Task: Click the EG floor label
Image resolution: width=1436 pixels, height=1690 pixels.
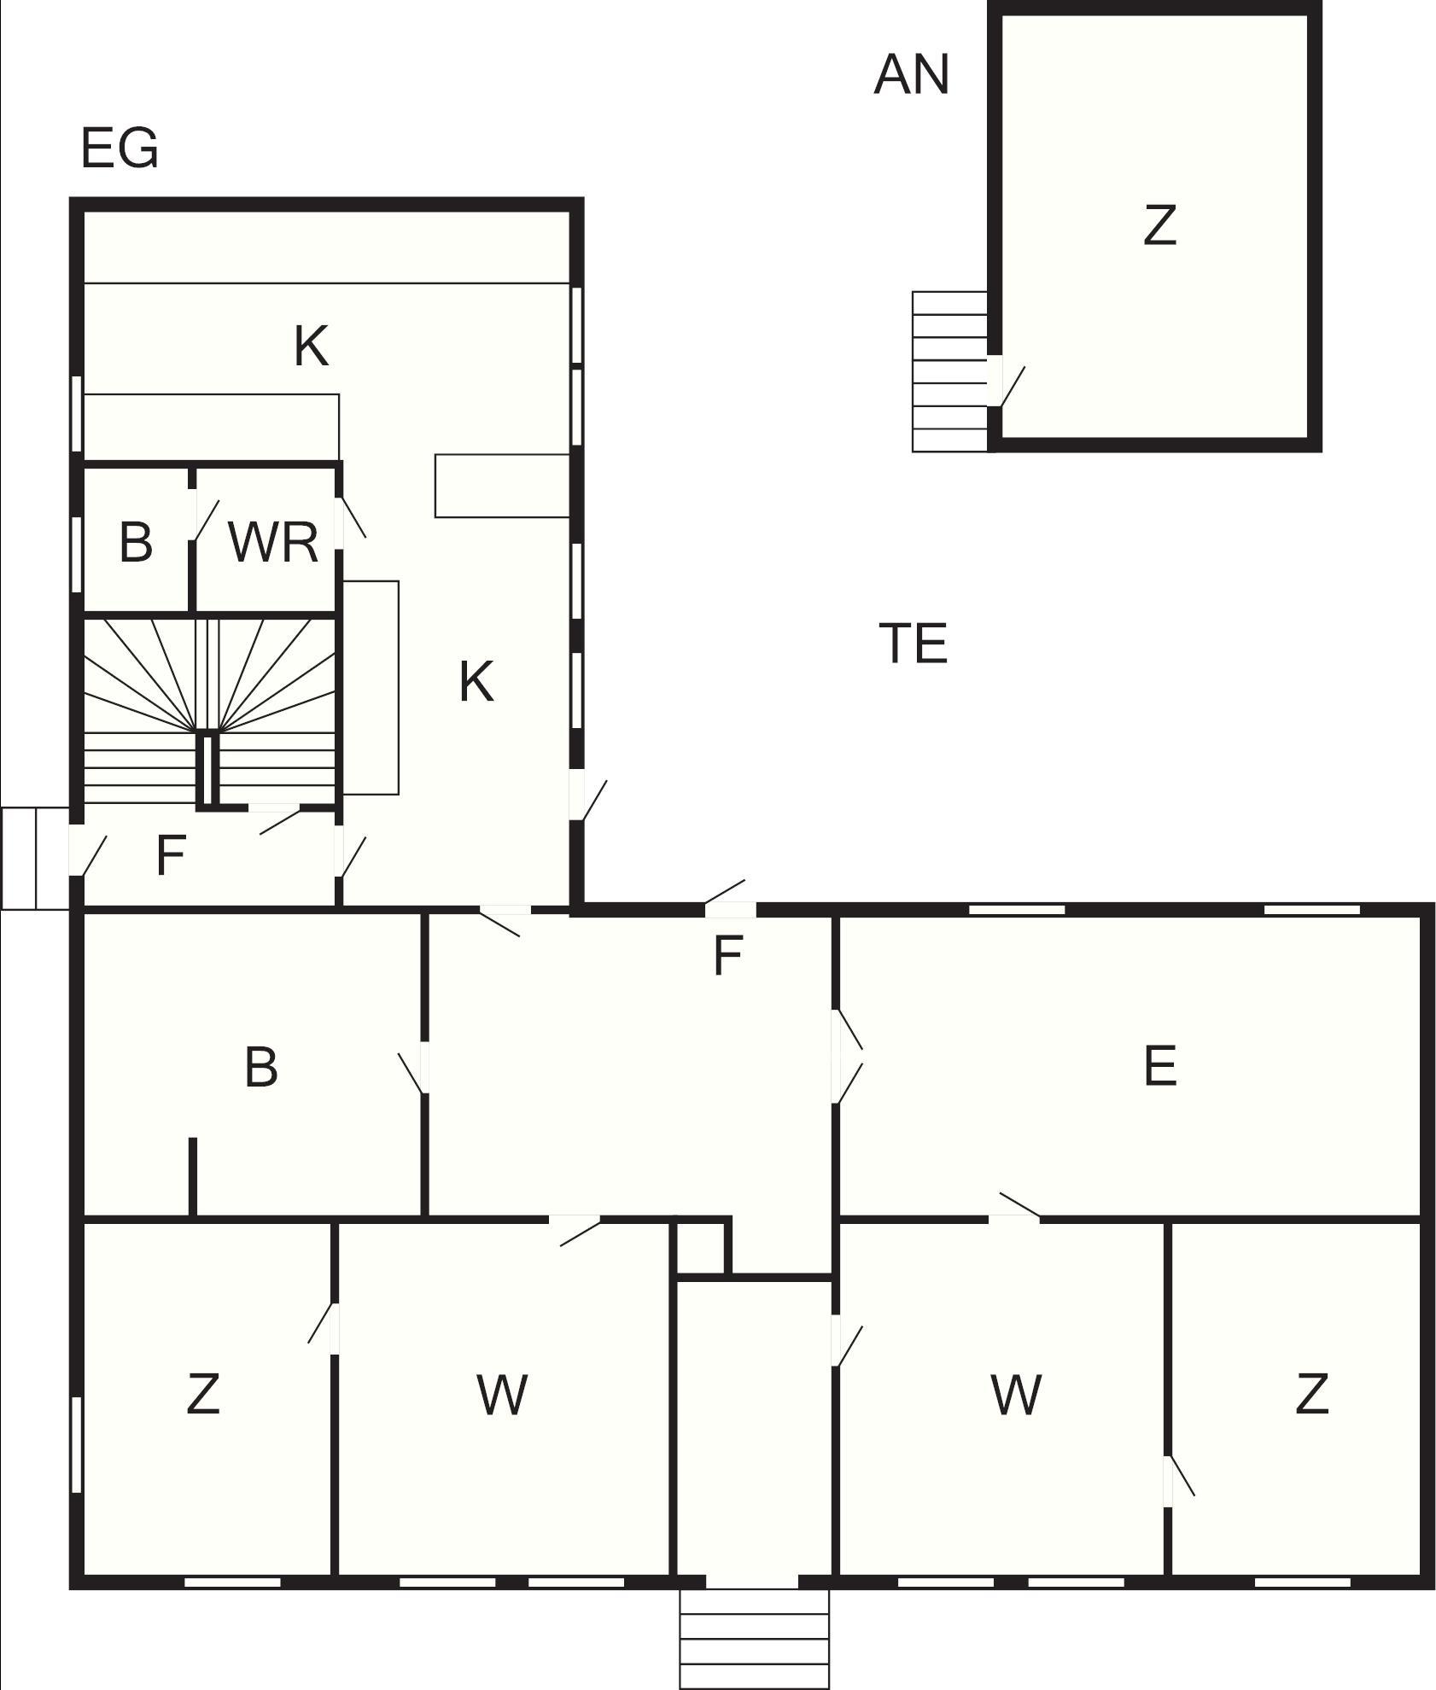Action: click(x=120, y=148)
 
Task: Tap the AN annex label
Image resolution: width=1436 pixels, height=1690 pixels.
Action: click(x=911, y=74)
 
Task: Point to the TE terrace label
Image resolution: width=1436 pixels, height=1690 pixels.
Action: click(x=913, y=644)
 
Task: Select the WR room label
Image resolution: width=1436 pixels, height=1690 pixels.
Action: click(x=273, y=541)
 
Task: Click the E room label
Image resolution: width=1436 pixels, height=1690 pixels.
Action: click(x=1159, y=1065)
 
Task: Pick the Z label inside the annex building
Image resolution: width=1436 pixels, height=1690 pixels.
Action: click(x=1159, y=226)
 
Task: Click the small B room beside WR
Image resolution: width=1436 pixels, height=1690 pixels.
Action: click(x=136, y=541)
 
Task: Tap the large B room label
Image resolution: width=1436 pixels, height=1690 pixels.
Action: click(x=260, y=1067)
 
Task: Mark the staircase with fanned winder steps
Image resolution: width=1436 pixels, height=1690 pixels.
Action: click(x=209, y=710)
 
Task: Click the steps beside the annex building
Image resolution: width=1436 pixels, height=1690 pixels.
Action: click(x=950, y=371)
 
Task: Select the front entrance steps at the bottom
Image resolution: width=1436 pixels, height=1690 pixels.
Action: click(x=755, y=1638)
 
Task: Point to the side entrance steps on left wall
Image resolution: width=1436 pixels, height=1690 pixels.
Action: click(x=35, y=858)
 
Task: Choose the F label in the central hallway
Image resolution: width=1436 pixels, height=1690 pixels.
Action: click(x=727, y=955)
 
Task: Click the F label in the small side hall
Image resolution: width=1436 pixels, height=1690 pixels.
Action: click(x=171, y=855)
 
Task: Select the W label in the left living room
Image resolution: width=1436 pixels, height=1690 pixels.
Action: click(x=501, y=1395)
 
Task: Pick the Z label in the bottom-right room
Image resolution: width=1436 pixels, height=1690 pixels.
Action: click(x=1311, y=1394)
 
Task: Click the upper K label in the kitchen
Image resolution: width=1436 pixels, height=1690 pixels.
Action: click(x=311, y=347)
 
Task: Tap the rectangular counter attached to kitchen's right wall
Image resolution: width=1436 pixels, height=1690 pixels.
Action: click(x=502, y=486)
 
